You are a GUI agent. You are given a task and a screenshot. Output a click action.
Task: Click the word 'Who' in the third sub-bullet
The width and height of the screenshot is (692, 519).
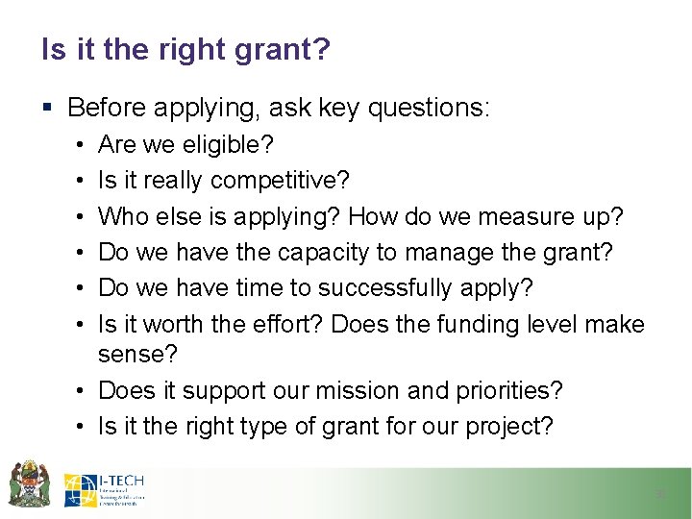pos(121,216)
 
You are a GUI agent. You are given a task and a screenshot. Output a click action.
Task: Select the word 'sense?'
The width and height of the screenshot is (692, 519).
pos(137,355)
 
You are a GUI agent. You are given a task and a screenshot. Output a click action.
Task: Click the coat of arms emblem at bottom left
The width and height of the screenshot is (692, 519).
pos(29,483)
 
